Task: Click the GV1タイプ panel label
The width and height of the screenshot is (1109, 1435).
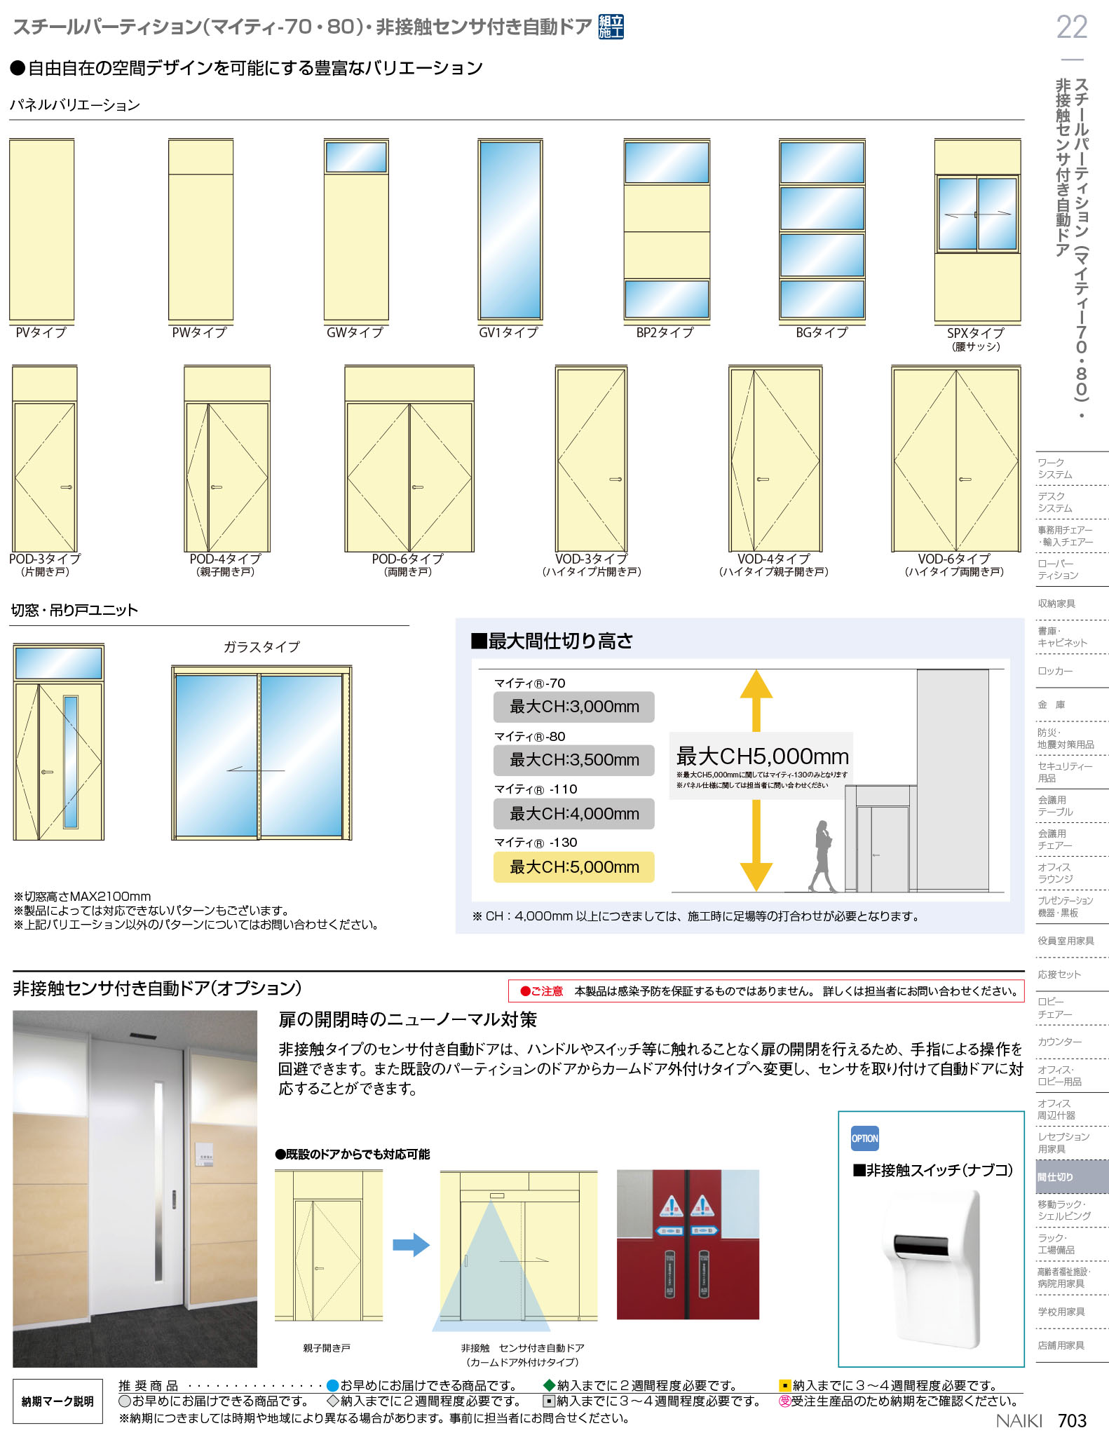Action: pyautogui.click(x=508, y=332)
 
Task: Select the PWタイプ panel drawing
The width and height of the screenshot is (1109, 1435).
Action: pyautogui.click(x=200, y=229)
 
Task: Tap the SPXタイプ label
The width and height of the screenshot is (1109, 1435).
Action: pyautogui.click(x=975, y=333)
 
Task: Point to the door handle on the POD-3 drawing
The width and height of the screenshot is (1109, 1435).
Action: pyautogui.click(x=67, y=487)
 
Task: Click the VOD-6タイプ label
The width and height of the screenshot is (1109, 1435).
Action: pyautogui.click(x=954, y=559)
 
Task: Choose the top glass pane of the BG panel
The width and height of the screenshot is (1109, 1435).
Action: pyautogui.click(x=822, y=163)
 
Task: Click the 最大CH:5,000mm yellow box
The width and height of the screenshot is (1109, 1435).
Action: pyautogui.click(x=574, y=867)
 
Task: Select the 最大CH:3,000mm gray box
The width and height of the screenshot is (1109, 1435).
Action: pyautogui.click(x=574, y=707)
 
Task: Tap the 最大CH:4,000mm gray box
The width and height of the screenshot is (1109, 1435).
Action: pyautogui.click(x=574, y=814)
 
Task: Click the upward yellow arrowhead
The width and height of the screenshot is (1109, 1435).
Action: pyautogui.click(x=756, y=685)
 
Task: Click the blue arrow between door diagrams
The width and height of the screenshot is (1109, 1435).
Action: pyautogui.click(x=411, y=1244)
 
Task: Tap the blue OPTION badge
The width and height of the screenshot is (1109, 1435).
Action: pyautogui.click(x=864, y=1138)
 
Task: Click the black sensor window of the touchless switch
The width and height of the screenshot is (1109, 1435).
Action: pyautogui.click(x=921, y=1244)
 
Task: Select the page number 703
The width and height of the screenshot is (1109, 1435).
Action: pyautogui.click(x=1072, y=1420)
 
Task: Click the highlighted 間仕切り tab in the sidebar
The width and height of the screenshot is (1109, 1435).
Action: pyautogui.click(x=1072, y=1177)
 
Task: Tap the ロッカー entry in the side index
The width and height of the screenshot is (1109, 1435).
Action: pyautogui.click(x=1055, y=671)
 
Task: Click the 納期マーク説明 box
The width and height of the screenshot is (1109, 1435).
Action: pyautogui.click(x=57, y=1401)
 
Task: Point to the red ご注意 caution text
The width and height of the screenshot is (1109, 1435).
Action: pyautogui.click(x=542, y=991)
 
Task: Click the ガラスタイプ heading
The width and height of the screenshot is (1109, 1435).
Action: pyautogui.click(x=261, y=647)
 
